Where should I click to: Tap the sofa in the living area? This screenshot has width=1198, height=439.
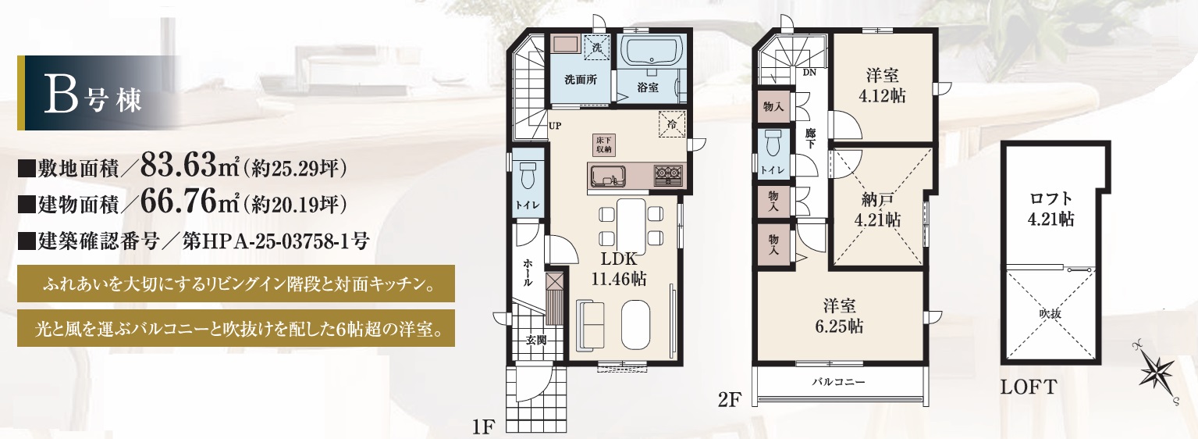pos(591,325)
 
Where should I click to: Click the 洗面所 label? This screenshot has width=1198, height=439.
pos(581,80)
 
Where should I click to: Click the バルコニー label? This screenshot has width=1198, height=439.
pos(838,382)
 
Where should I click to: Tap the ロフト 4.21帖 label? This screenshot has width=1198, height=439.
pos(1051,209)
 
